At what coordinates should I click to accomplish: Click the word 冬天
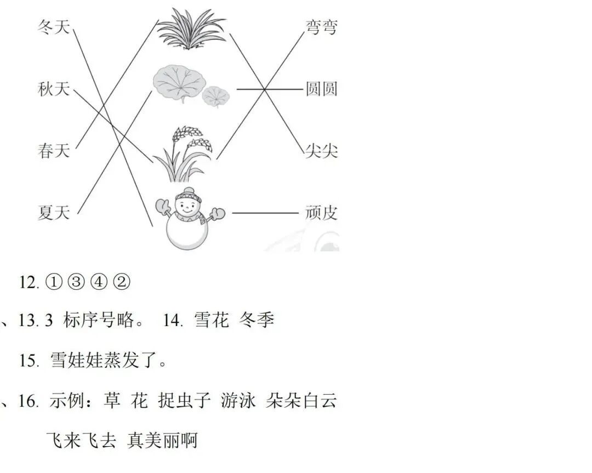(54, 26)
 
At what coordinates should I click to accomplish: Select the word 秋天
(54, 88)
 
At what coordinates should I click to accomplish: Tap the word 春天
(54, 150)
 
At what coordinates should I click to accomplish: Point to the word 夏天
(54, 212)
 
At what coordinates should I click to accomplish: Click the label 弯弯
(321, 27)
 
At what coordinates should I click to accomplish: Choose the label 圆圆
(321, 89)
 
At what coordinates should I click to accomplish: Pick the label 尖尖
(321, 151)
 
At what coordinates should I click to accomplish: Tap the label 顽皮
(321, 213)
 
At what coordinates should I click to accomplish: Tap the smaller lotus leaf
(216, 96)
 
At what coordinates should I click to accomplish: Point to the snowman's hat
(188, 193)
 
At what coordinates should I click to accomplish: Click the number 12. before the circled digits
(29, 282)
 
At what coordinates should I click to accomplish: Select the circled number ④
(101, 282)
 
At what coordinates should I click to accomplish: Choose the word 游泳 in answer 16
(238, 401)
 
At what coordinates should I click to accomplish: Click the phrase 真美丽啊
(162, 440)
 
